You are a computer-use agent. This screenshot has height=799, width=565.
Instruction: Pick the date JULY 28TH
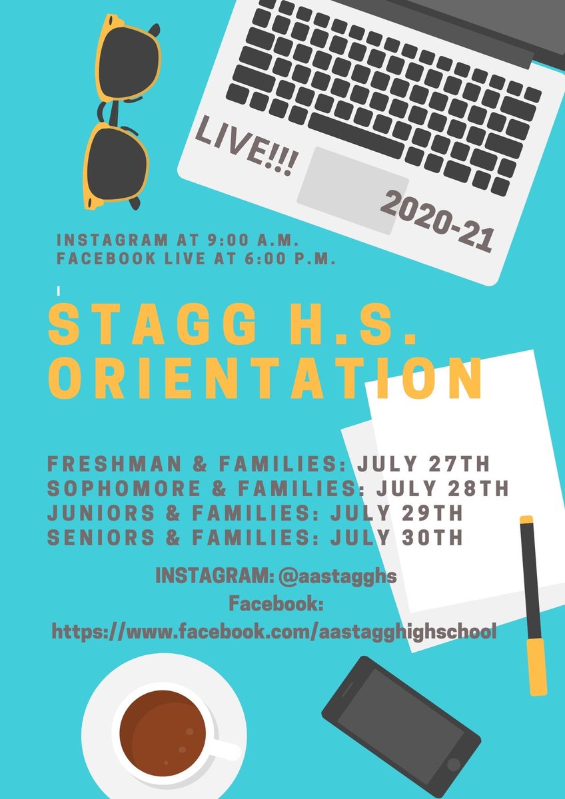[x=442, y=489]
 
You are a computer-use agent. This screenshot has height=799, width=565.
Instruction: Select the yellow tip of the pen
[x=536, y=666]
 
